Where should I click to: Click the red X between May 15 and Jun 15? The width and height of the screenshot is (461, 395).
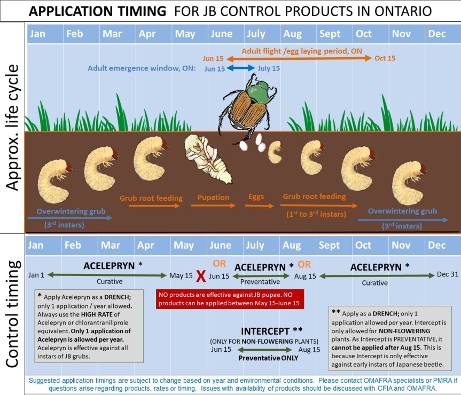(201, 276)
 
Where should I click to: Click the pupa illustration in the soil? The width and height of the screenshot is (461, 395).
(208, 159)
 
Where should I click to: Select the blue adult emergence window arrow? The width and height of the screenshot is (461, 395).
(240, 68)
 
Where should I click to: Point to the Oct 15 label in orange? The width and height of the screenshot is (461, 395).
(385, 58)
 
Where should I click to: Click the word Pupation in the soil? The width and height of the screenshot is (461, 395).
(213, 197)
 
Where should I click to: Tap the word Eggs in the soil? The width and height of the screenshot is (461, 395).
(256, 197)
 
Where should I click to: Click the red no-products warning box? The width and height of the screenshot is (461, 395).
(230, 299)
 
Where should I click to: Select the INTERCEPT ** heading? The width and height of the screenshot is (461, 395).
(271, 331)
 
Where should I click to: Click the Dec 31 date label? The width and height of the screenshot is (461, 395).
(448, 274)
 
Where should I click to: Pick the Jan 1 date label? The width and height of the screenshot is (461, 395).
(36, 275)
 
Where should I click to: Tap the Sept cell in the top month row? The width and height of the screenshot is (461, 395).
(334, 34)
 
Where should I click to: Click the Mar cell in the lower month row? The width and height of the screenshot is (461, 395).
(116, 245)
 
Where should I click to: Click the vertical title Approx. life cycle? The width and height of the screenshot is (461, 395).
(12, 128)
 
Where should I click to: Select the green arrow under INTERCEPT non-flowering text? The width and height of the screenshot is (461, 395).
(264, 350)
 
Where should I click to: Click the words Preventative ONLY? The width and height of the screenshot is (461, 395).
(268, 358)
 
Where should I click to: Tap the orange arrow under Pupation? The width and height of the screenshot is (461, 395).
(213, 206)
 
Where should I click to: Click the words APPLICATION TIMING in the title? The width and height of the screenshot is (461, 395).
(97, 11)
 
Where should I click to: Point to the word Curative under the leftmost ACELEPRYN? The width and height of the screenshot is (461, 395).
(110, 281)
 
